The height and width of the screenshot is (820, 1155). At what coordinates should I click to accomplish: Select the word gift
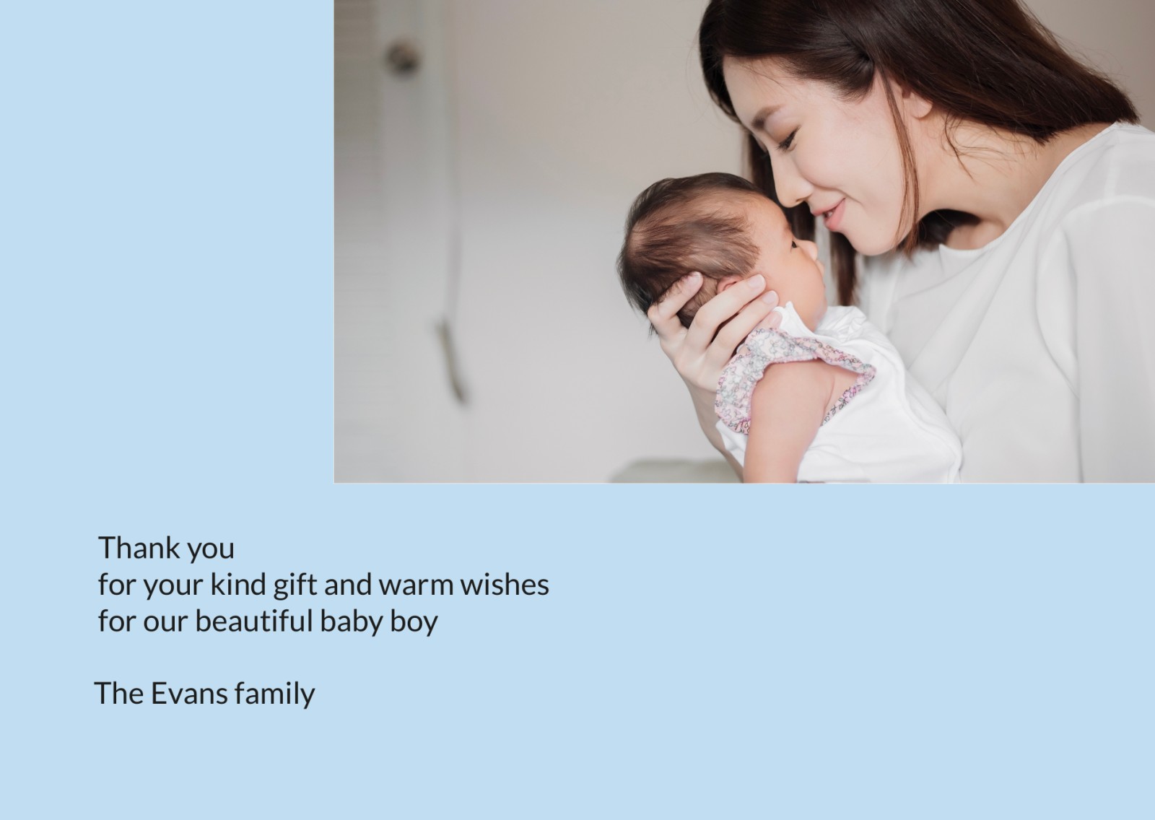pyautogui.click(x=294, y=586)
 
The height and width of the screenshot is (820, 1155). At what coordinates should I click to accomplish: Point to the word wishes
pyautogui.click(x=505, y=584)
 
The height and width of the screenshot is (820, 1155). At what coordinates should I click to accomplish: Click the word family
pyautogui.click(x=274, y=694)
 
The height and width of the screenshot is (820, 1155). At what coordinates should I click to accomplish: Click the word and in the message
pyautogui.click(x=347, y=584)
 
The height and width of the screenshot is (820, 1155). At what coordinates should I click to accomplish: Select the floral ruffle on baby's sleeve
pyautogui.click(x=789, y=378)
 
